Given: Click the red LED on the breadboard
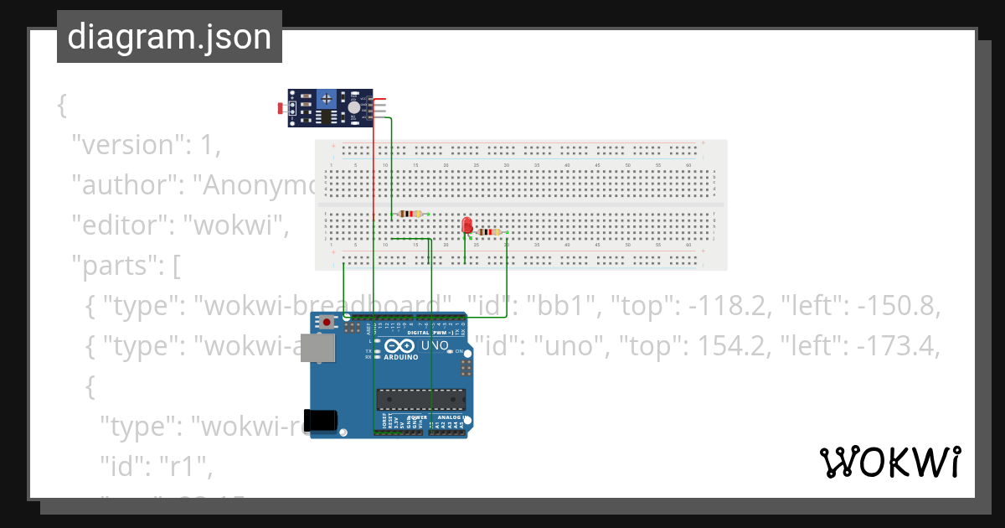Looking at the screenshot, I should [467, 225].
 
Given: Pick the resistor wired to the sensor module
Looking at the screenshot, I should [410, 214].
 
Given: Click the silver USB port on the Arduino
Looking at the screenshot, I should [322, 349].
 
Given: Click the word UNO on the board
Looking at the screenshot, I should [435, 344].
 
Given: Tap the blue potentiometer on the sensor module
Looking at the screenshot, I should [326, 100].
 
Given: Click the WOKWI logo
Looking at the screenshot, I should [889, 463].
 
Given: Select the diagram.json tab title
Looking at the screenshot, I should [169, 37].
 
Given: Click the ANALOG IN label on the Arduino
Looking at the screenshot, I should [451, 417].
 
